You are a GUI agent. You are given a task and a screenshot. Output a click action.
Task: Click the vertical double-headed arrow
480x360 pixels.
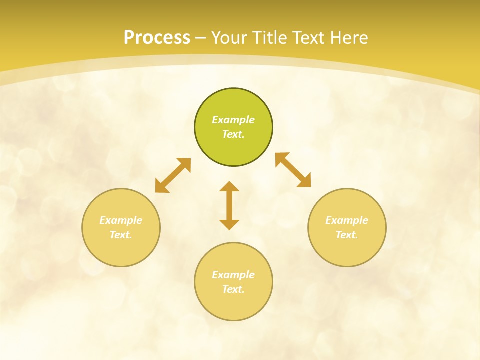pos(229,205)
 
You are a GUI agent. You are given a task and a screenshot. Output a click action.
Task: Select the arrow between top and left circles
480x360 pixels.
pos(173,175)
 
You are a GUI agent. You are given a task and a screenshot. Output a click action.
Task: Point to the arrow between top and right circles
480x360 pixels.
pos(293,170)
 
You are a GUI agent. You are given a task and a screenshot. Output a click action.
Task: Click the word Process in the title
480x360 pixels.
pos(157,37)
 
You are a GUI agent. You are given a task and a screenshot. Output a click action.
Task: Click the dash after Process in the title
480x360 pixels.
pos(201,38)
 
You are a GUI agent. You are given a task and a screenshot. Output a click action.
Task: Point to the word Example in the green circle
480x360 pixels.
pos(233,120)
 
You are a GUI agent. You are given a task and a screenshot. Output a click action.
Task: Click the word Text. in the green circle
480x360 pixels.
pos(233,134)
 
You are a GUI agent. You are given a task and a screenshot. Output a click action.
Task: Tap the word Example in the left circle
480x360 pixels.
pos(121,220)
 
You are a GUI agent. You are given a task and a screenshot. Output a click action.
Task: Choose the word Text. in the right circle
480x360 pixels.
pos(347,235)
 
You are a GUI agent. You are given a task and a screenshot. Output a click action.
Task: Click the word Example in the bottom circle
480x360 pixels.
pos(233,275)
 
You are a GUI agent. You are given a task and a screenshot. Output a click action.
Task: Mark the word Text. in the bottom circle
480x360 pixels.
pos(233,289)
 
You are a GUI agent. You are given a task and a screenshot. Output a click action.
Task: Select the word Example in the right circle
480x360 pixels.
pos(347,220)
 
